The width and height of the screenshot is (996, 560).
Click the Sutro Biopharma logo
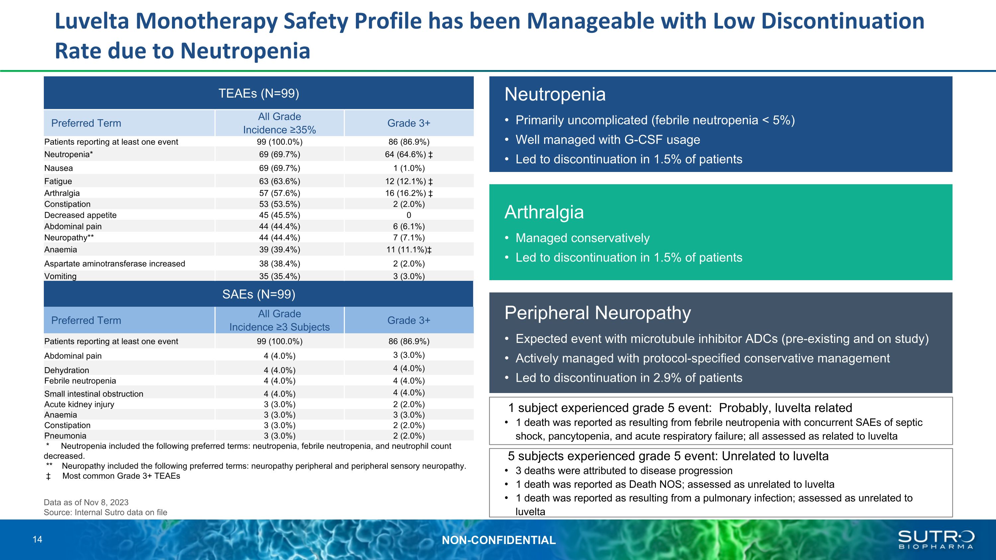[x=936, y=539]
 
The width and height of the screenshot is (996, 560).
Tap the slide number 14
[x=38, y=539]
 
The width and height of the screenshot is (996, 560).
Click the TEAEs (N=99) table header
[x=259, y=94]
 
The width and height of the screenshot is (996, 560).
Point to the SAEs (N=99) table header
[x=259, y=294]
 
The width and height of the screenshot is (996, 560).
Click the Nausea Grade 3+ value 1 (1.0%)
[x=409, y=168]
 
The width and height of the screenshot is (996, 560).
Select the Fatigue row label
[x=58, y=181]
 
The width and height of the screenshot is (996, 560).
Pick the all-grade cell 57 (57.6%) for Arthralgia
[x=279, y=193]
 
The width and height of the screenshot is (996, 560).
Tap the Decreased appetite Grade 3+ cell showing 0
[x=409, y=215]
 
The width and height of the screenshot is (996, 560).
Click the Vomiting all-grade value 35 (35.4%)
[x=279, y=276]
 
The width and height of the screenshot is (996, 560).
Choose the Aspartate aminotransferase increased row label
[x=115, y=264]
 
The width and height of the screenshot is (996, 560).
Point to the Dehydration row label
[x=66, y=370]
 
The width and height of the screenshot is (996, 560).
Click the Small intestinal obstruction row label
[x=94, y=394]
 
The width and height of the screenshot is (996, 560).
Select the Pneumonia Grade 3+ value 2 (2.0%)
[x=409, y=436]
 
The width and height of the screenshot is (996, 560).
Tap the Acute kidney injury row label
[x=79, y=404]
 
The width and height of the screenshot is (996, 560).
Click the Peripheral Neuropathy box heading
[x=597, y=313]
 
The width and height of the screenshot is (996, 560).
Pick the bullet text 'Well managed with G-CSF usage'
[x=608, y=139]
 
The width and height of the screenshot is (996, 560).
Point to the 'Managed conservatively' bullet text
[x=582, y=238]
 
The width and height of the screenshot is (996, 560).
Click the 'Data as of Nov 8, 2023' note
[x=86, y=503]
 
